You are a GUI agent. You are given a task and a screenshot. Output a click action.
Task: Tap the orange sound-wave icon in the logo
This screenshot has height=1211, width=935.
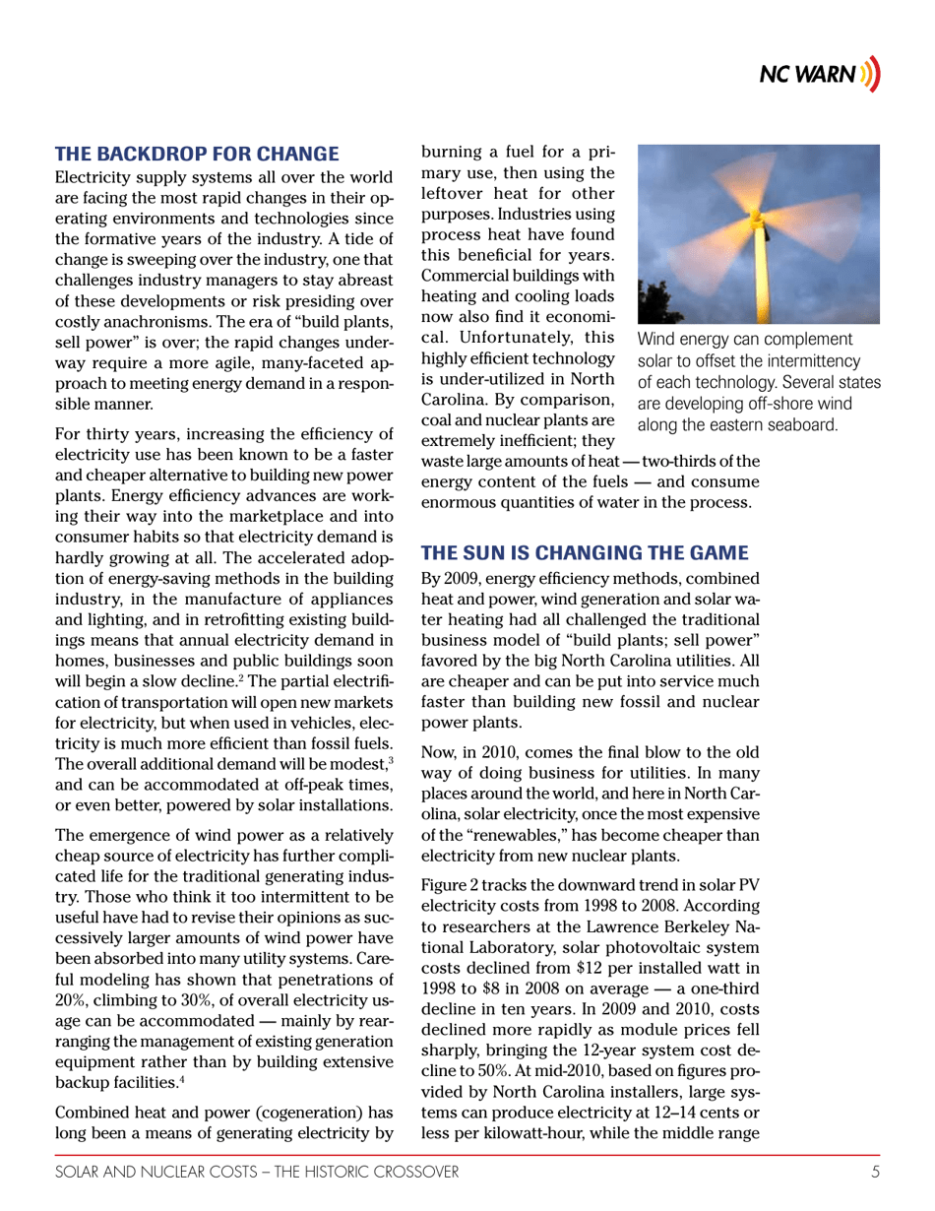[869, 77]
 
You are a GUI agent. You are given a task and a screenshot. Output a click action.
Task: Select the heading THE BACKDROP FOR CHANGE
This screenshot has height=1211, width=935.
[198, 154]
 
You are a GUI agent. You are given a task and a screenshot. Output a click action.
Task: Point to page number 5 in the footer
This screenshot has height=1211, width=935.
[874, 1171]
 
